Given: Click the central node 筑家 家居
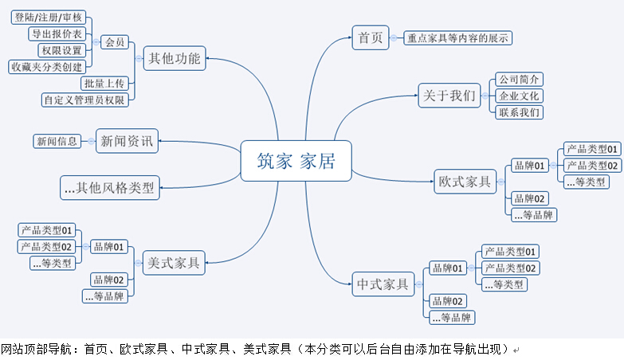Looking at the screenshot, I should click(296, 161).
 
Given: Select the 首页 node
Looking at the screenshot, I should click(370, 37).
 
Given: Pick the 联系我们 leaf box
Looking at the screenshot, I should click(519, 112).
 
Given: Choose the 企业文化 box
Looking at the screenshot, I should click(519, 96).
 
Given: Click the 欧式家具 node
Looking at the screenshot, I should click(465, 182).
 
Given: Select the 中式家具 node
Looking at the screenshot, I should click(383, 283).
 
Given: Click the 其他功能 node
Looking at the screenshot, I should click(175, 57).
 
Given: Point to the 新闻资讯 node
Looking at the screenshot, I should click(127, 141).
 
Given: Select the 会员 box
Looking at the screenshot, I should click(115, 42).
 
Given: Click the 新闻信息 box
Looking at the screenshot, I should click(57, 141).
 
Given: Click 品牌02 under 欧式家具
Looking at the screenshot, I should click(530, 198).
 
